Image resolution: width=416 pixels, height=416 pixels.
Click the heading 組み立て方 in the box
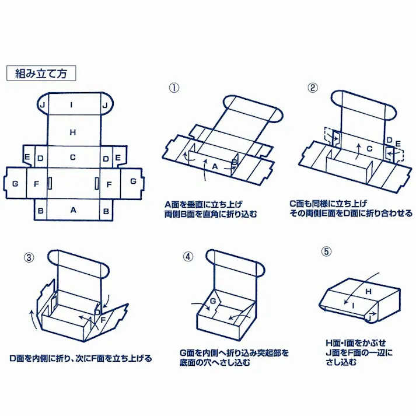(x=41, y=74)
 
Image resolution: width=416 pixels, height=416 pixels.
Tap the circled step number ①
(x=174, y=89)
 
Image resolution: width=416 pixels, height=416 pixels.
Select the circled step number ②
(x=313, y=89)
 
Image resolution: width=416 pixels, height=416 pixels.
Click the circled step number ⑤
(x=327, y=252)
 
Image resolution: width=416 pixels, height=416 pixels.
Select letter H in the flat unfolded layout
(x=73, y=132)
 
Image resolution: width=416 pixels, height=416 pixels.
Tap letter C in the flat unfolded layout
(x=73, y=157)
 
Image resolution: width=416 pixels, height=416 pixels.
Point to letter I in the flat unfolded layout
(x=72, y=105)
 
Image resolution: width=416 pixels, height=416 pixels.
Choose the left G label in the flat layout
(x=15, y=184)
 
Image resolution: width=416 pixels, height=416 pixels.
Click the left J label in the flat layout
(x=42, y=105)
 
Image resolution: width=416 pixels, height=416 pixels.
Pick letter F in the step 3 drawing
(x=103, y=319)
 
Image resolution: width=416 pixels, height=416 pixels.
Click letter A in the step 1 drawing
(x=215, y=166)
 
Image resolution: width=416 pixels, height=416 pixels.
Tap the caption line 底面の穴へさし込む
(x=216, y=362)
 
